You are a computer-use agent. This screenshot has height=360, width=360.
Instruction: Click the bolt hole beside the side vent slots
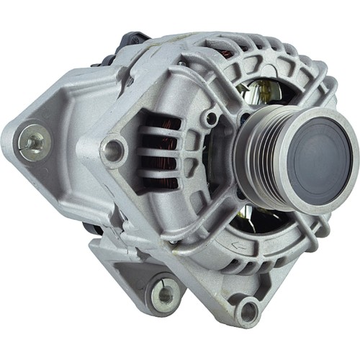pyautogui.click(x=113, y=149)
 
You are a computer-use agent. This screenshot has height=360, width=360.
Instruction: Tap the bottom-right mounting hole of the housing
pyautogui.click(x=247, y=312)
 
